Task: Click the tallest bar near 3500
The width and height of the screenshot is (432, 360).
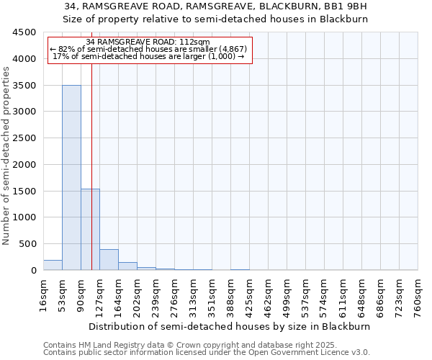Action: point(71,177)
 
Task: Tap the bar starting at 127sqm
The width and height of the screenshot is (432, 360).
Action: point(109,259)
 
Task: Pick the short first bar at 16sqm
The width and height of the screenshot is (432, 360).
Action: point(53,265)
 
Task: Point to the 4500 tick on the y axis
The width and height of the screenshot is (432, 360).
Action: point(26,32)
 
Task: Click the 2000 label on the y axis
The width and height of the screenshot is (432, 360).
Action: point(26,164)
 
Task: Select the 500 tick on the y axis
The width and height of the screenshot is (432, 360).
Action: point(29,244)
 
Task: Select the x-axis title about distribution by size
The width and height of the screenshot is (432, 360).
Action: point(230,326)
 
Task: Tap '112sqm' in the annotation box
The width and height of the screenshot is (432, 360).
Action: point(194,42)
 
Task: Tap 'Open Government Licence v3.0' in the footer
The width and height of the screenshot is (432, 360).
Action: point(309,352)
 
